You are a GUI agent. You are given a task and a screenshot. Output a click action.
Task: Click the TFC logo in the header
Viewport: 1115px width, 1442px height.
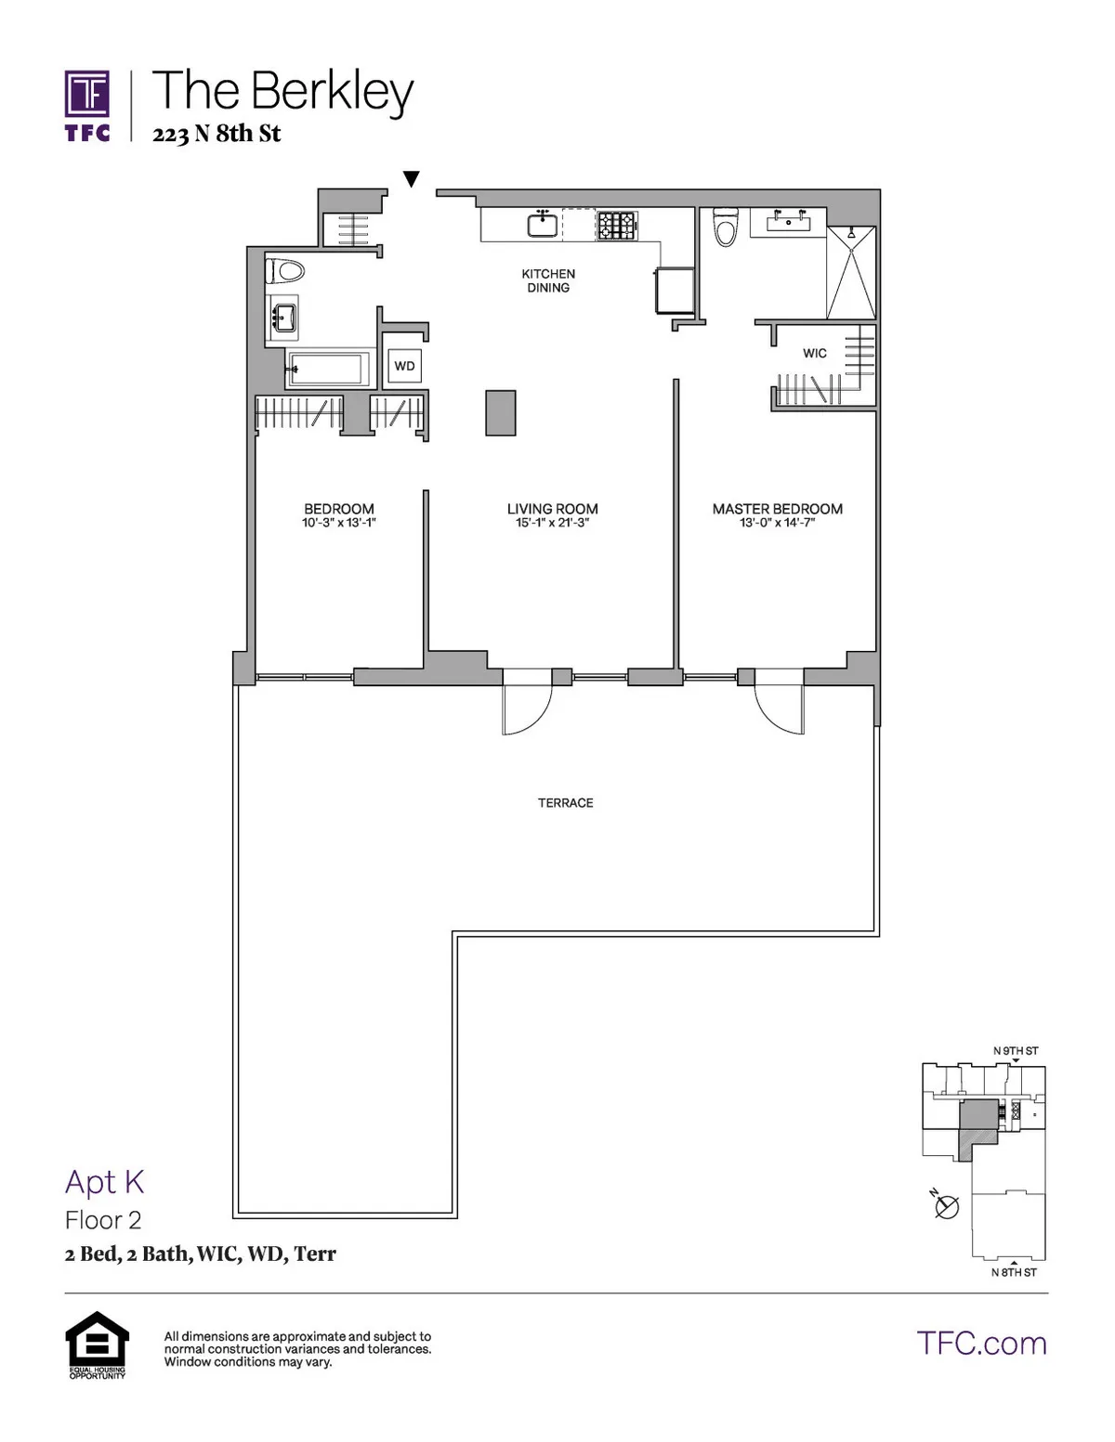click(87, 106)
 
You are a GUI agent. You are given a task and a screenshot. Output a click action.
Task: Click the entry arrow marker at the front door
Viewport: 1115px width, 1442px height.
click(412, 178)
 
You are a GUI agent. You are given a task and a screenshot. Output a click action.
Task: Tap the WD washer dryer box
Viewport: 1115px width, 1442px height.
click(404, 366)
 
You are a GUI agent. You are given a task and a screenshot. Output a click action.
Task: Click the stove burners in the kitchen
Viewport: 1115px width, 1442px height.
click(616, 226)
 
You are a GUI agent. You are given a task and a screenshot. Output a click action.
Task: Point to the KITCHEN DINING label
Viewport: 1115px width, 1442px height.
click(548, 280)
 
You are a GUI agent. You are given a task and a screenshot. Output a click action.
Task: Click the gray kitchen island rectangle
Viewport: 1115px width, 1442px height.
click(500, 412)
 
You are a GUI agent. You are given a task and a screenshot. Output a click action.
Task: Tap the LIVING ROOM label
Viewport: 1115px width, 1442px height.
click(552, 509)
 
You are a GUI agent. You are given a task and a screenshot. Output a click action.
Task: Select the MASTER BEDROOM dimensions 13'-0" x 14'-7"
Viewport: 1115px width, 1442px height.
click(777, 523)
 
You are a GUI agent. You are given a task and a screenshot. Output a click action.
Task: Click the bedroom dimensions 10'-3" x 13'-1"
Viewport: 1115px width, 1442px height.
click(338, 523)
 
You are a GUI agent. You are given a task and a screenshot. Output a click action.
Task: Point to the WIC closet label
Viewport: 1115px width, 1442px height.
click(814, 354)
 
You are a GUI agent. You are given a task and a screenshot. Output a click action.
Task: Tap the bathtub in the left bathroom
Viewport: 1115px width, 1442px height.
click(327, 369)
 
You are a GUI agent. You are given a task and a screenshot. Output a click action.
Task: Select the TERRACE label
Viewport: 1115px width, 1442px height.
click(565, 803)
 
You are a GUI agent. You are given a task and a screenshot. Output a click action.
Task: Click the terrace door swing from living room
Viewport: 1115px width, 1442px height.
click(524, 709)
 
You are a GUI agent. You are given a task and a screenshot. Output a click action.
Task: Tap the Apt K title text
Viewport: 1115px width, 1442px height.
click(104, 1182)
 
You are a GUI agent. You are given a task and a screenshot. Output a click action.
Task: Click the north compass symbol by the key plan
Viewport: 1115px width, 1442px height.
click(946, 1206)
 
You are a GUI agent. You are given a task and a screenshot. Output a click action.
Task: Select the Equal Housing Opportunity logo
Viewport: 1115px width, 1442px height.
click(97, 1344)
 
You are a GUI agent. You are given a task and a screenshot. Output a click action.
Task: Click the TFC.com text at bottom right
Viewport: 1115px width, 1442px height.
click(981, 1344)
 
